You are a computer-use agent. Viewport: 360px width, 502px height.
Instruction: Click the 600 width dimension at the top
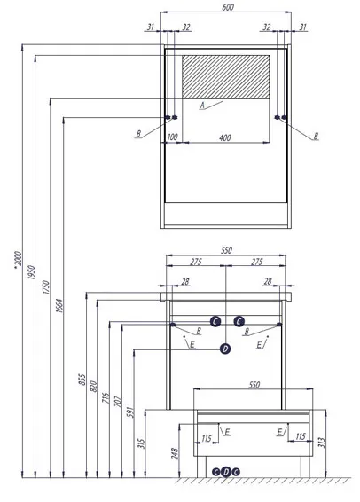[228, 7]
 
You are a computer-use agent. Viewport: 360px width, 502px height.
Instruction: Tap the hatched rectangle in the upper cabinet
[225, 77]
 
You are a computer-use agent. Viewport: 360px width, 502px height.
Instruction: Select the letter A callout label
[202, 105]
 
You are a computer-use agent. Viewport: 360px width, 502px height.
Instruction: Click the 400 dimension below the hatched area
[225, 137]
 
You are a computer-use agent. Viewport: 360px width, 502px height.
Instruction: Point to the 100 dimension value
[172, 137]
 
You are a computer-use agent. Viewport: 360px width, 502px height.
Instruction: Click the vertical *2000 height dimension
[19, 260]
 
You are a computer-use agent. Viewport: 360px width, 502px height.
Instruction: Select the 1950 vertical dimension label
[31, 272]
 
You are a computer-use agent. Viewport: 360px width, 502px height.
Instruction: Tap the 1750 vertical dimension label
[46, 287]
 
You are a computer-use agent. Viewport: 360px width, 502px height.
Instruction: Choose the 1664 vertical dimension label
[59, 306]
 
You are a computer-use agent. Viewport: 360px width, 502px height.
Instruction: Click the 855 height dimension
[82, 380]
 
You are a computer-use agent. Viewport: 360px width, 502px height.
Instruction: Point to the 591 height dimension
[130, 412]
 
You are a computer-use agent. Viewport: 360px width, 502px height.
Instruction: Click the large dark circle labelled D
[225, 349]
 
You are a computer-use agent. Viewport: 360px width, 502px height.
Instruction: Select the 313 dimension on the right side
[322, 443]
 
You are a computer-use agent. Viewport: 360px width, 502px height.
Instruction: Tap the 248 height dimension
[175, 453]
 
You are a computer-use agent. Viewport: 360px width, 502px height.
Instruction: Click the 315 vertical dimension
[142, 443]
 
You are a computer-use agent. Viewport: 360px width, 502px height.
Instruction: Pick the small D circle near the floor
[226, 472]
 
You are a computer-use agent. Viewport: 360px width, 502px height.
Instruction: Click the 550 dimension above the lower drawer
[254, 385]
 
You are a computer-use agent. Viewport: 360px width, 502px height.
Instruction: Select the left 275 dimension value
[196, 262]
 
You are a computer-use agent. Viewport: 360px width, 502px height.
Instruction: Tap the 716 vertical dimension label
[106, 398]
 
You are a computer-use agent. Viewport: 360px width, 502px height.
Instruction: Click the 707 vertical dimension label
[118, 402]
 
